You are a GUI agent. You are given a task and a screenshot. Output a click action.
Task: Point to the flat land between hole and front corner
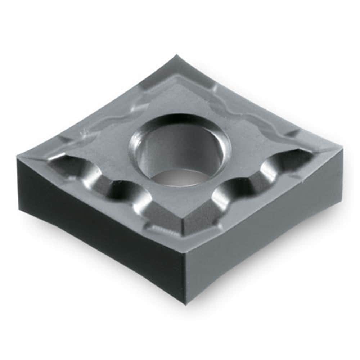180,205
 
